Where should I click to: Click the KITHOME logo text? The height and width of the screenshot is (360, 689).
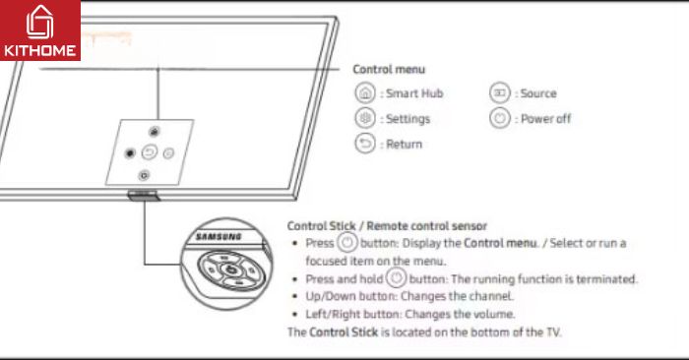39,50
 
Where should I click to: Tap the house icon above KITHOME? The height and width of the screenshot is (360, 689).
39,22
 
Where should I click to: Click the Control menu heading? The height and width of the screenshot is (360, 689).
389,70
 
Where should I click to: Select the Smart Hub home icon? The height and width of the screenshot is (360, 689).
365,93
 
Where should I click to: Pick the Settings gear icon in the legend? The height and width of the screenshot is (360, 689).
365,118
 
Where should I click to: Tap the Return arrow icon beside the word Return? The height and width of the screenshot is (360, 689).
365,144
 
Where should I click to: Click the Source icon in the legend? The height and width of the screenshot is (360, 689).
500,93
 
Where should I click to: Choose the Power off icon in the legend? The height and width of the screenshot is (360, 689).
500,118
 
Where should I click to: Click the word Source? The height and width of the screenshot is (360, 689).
538,93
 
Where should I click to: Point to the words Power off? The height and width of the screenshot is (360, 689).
545,119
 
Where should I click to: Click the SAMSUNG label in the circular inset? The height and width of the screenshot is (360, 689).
219,237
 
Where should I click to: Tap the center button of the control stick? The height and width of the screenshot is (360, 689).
231,270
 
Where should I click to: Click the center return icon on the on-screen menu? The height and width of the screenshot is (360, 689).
150,152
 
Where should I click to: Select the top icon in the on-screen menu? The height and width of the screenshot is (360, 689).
154,131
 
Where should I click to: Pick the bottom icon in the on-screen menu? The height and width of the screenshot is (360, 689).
144,176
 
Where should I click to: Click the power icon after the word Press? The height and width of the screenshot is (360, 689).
347,242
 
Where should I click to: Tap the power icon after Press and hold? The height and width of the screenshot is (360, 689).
397,278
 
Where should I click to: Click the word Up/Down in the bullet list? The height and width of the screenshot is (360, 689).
331,296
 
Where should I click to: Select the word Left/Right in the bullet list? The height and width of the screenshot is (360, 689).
333,315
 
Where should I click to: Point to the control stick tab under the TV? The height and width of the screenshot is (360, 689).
143,196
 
